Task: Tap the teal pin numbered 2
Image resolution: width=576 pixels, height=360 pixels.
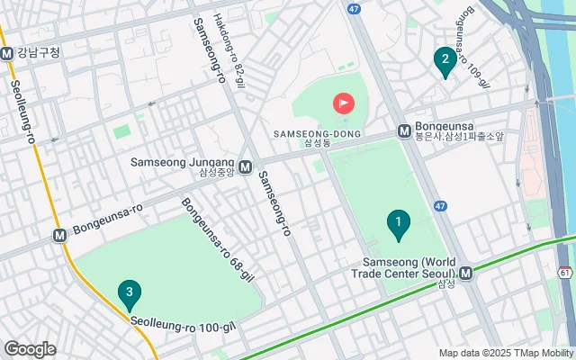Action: click(x=443, y=61)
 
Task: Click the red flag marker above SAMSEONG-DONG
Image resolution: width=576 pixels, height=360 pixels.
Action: click(x=344, y=103)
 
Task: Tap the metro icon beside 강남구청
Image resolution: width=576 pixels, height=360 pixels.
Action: click(x=7, y=53)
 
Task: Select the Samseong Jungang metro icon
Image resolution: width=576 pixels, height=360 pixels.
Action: click(x=246, y=166)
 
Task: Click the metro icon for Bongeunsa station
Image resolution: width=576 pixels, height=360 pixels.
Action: click(x=404, y=130)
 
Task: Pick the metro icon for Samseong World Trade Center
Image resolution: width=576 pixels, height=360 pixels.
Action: click(x=465, y=273)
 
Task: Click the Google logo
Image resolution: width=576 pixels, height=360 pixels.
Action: click(x=30, y=349)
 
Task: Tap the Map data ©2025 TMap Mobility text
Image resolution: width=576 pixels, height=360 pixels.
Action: click(x=507, y=353)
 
